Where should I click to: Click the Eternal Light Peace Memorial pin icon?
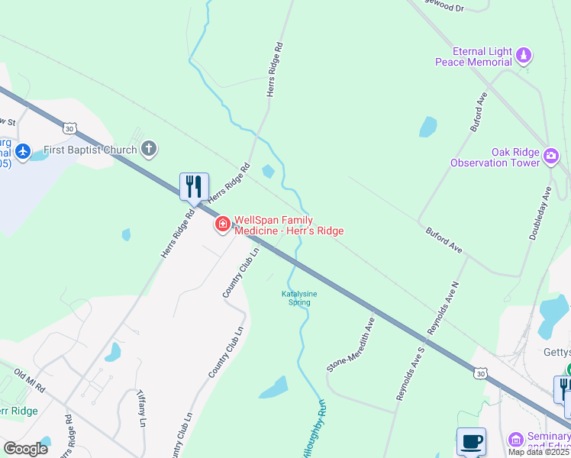(x=524, y=55)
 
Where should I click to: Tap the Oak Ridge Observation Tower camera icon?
(x=551, y=156)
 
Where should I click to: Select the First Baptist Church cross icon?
(x=149, y=149)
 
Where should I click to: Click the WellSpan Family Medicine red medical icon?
(x=223, y=224)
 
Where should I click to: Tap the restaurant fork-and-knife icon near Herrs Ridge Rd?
(x=194, y=185)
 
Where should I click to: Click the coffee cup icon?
(x=471, y=441)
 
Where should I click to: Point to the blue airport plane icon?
(x=23, y=151)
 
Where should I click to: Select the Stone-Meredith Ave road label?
(x=352, y=344)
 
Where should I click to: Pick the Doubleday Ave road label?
(x=540, y=213)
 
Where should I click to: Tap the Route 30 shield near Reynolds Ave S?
(x=479, y=372)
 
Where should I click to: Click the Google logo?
(x=25, y=448)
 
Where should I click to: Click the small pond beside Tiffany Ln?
(x=114, y=352)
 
